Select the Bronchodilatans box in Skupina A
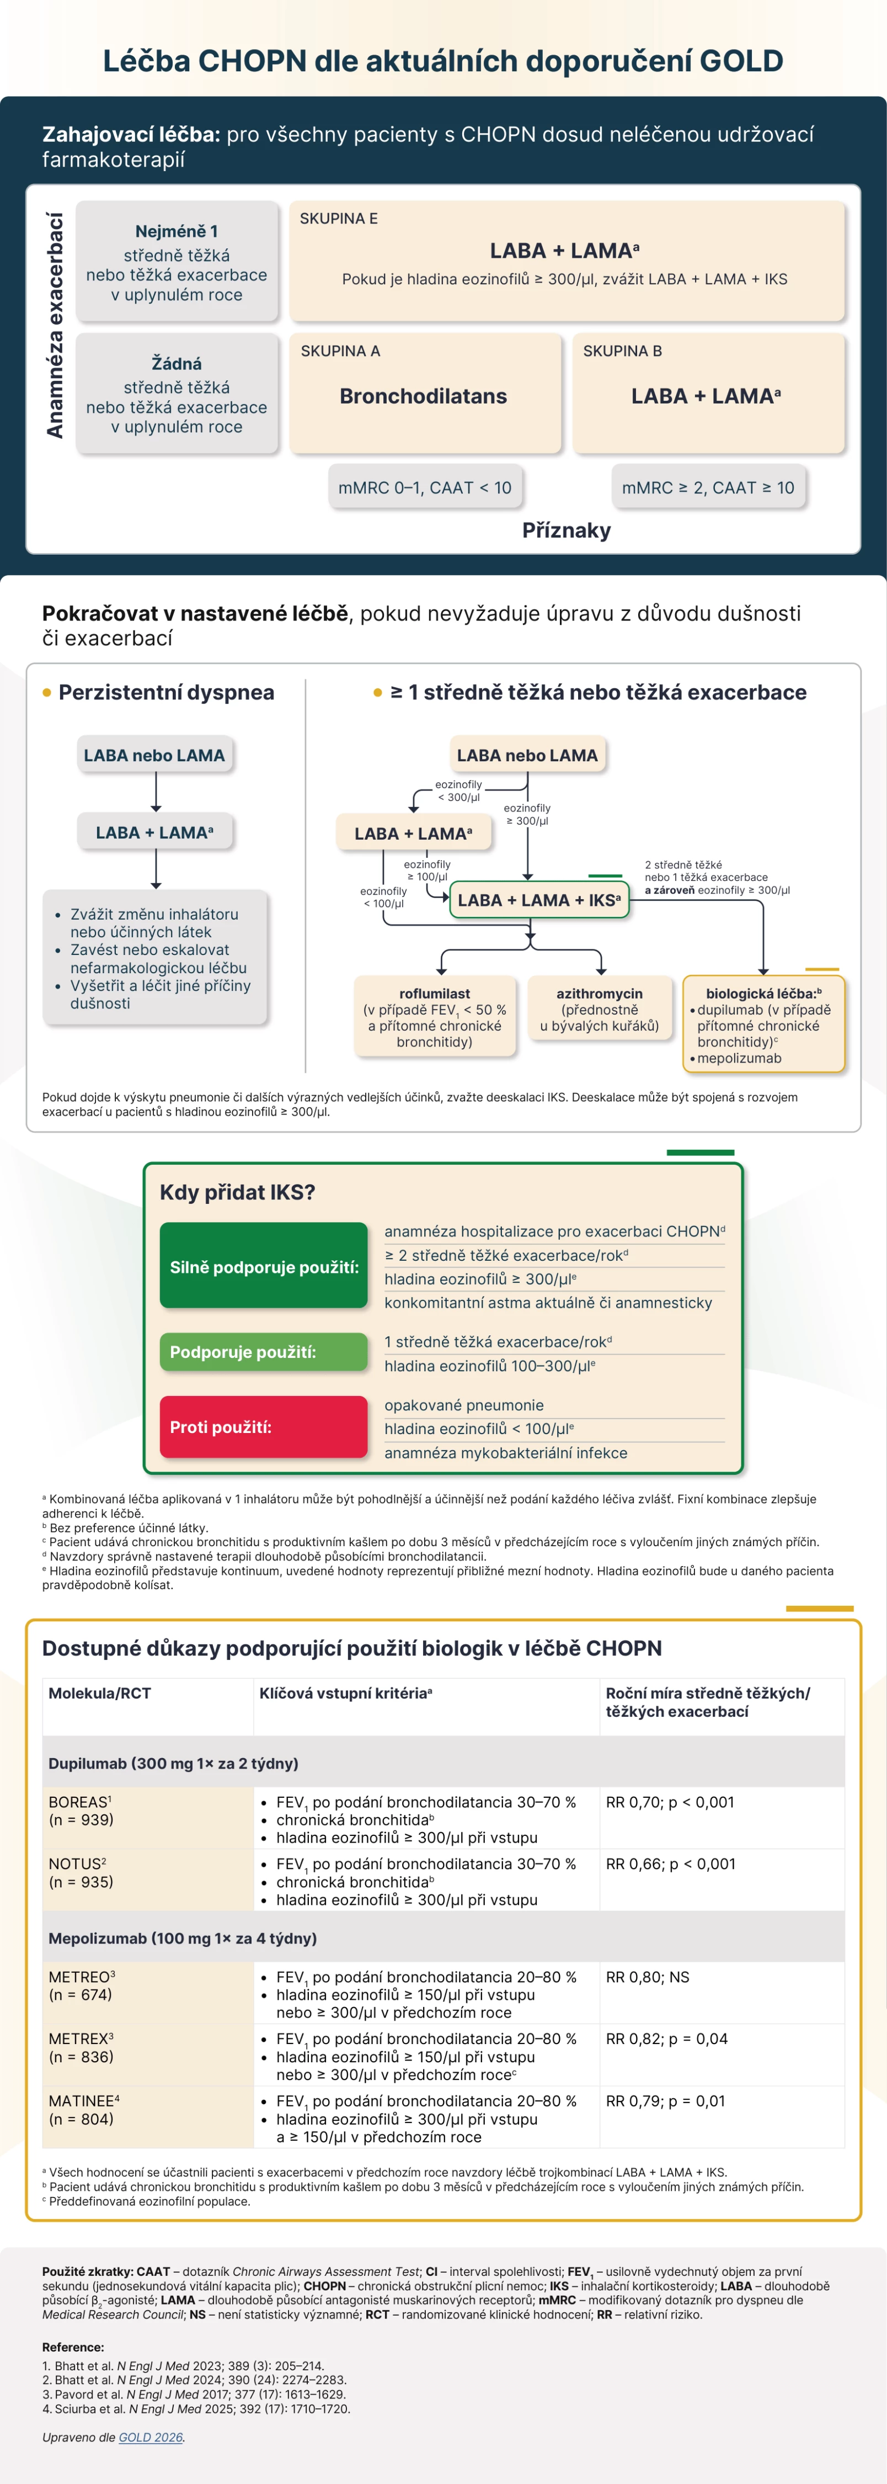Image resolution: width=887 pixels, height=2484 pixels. [423, 395]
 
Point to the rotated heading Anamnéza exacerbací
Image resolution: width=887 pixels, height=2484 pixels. [55, 326]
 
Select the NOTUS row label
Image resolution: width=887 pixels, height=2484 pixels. [80, 1872]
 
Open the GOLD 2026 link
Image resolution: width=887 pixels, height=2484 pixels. [151, 2437]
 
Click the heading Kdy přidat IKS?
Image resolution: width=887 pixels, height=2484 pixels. [237, 1192]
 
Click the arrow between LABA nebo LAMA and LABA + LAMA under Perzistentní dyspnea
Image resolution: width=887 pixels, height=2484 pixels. [155, 793]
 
